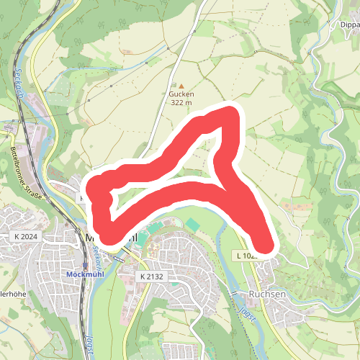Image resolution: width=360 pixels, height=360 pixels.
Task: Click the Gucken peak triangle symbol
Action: coord(181,86)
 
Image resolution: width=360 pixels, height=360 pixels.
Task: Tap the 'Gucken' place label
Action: coord(181,94)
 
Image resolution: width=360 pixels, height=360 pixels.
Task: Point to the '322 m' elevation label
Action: coord(181,103)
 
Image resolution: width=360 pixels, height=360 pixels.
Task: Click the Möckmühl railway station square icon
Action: coord(85,265)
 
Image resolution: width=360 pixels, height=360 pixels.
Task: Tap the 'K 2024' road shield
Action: coord(25,236)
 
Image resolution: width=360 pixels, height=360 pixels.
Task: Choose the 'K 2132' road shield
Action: coord(152,276)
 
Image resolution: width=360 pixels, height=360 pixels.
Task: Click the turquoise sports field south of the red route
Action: coord(192,225)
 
